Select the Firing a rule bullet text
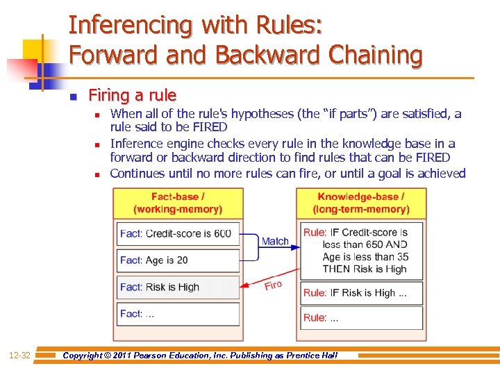[x=132, y=95]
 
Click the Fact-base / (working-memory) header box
[x=178, y=203]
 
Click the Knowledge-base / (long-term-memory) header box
[x=361, y=203]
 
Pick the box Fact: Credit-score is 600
[x=178, y=233]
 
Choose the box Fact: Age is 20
[x=178, y=260]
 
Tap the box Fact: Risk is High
[x=178, y=287]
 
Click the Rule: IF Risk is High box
[x=361, y=292]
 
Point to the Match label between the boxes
[x=275, y=241]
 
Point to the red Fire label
[x=273, y=285]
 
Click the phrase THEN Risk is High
[x=355, y=269]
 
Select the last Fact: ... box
[x=178, y=313]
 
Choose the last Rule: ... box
[x=361, y=317]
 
